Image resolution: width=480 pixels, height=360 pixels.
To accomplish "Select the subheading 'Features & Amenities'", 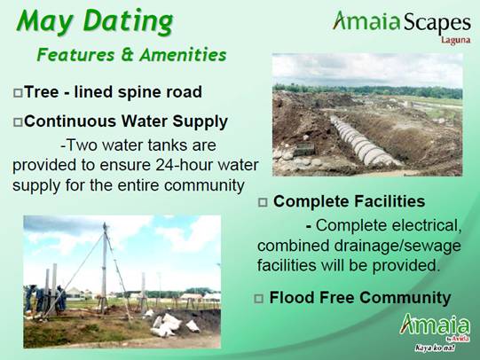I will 130,55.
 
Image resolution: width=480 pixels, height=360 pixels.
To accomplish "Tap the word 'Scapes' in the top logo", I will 434,21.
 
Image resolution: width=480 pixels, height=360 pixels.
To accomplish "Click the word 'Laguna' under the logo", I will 455,40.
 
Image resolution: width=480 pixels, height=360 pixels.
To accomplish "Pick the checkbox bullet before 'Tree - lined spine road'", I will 18,92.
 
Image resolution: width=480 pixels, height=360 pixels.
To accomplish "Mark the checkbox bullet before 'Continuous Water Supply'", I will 18,121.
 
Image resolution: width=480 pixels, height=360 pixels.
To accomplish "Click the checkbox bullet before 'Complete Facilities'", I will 263,203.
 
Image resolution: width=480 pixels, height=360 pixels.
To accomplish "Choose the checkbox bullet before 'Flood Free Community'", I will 259,299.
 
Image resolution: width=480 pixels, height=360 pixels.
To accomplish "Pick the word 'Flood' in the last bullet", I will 293,298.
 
